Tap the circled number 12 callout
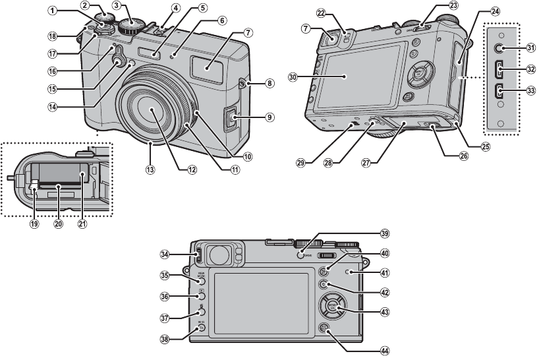[192, 169]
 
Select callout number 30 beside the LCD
[294, 77]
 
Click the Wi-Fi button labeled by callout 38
[202, 327]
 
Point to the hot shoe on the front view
[157, 29]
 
